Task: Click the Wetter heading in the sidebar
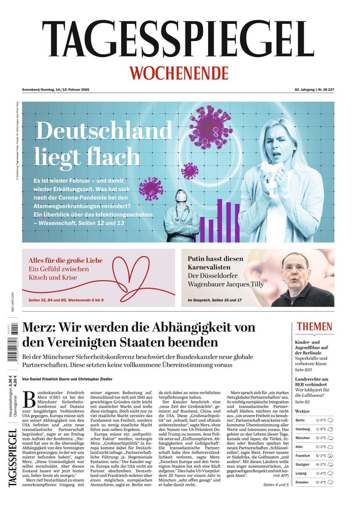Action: coord(303,411)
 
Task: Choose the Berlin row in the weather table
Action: coord(314,420)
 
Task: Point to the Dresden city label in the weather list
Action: coord(301,482)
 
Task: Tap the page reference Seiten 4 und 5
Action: coord(277,485)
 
